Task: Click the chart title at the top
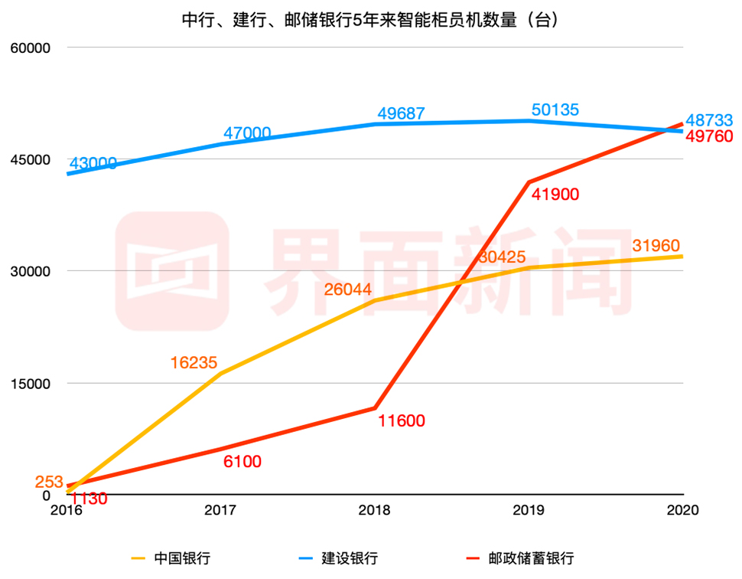coord(370,19)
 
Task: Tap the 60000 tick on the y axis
coord(28,47)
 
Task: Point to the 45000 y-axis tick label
coord(28,159)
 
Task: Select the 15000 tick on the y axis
coord(28,383)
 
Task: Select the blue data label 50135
coord(555,110)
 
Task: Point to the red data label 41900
coord(555,194)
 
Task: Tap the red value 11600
coord(401,420)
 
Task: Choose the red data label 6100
coord(242,461)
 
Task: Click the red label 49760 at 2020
coord(709,136)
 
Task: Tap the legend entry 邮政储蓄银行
coord(531,558)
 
